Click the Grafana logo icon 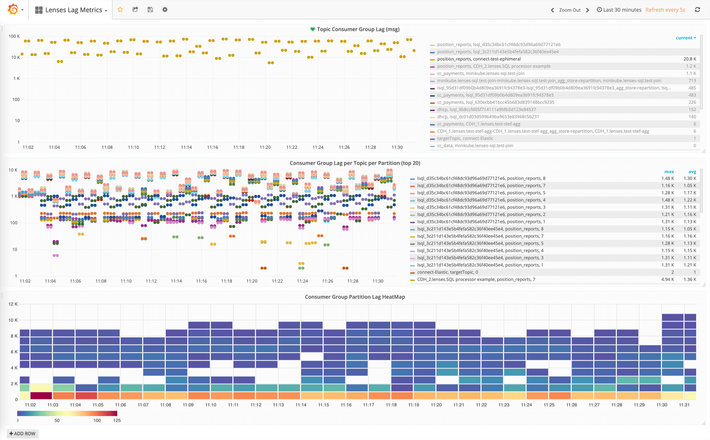[13, 10]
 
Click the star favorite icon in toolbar [120, 10]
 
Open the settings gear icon [165, 10]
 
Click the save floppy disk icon [150, 10]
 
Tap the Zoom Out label [570, 10]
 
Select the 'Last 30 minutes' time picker [619, 10]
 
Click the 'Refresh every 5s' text [665, 10]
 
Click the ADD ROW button [22, 434]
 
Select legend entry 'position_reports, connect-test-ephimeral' [479, 59]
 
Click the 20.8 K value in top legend [690, 59]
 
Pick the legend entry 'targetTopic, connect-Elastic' [465, 138]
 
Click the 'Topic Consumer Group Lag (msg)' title [358, 29]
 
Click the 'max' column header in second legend [669, 172]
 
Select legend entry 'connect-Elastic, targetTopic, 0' [447, 272]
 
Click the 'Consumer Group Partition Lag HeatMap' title [355, 297]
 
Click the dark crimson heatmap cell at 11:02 [41, 395]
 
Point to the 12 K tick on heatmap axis [13, 304]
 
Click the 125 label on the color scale [117, 420]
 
